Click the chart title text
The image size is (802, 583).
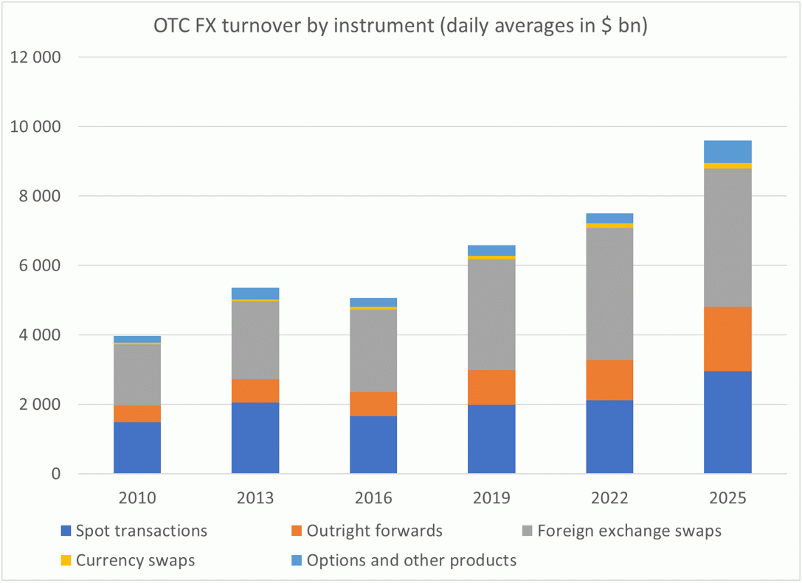click(401, 26)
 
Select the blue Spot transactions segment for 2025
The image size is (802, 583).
click(727, 422)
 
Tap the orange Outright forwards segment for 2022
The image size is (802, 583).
click(609, 380)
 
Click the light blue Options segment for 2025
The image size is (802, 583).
click(727, 151)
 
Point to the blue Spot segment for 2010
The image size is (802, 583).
click(137, 447)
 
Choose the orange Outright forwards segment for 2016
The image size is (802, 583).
click(373, 404)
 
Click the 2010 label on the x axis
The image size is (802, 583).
click(137, 498)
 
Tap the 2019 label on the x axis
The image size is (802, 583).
click(491, 498)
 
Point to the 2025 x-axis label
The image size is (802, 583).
click(727, 498)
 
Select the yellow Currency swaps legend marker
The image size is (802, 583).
click(66, 560)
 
